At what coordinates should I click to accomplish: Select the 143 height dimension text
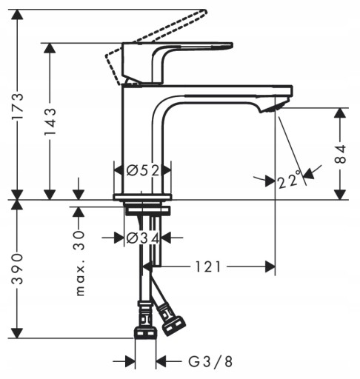[x=50, y=121]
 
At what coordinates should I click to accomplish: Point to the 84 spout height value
[x=341, y=154]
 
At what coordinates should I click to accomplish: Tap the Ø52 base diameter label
[x=143, y=170]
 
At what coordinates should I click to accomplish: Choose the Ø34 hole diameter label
[x=143, y=238]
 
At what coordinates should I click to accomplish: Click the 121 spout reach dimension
[x=208, y=266]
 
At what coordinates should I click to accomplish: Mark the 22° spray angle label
[x=289, y=180]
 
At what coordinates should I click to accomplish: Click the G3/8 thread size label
[x=210, y=362]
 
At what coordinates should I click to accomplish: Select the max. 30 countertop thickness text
[x=79, y=264]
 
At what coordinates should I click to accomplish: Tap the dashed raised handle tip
[x=204, y=11]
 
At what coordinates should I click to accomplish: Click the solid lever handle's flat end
[x=231, y=45]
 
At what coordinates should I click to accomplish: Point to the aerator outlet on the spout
[x=272, y=108]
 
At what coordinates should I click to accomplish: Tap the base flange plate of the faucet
[x=142, y=197]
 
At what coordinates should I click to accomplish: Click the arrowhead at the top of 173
[x=17, y=15]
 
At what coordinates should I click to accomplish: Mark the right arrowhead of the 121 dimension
[x=270, y=266]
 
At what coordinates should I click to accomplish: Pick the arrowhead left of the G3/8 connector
[x=130, y=362]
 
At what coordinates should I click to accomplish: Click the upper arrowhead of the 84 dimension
[x=341, y=113]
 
